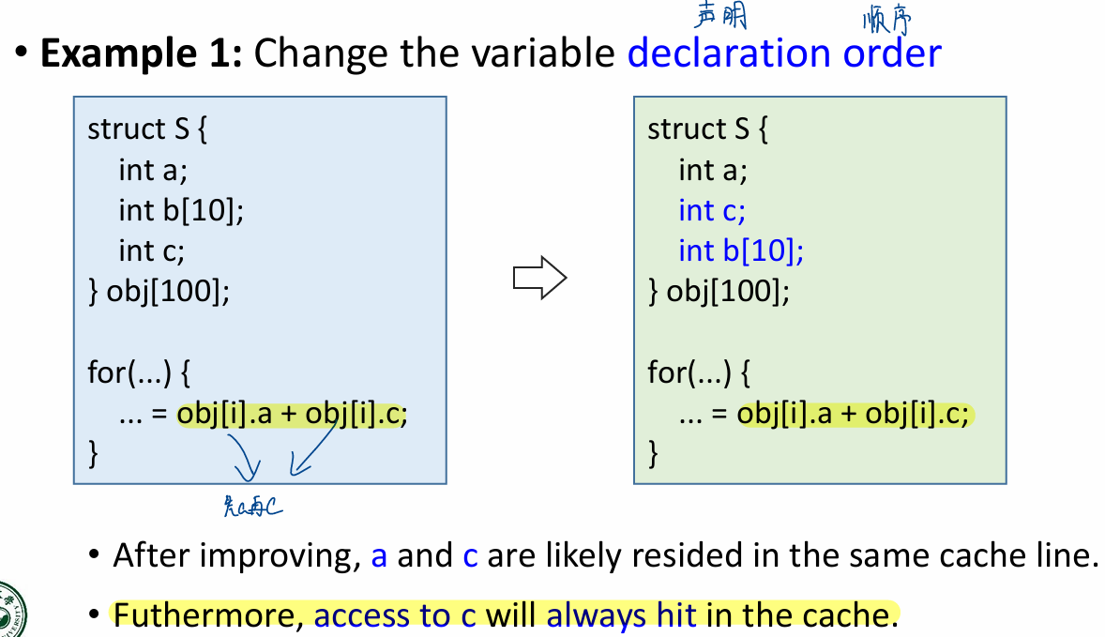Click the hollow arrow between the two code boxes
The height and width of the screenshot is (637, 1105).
540,279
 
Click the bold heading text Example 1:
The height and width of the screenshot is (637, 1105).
142,53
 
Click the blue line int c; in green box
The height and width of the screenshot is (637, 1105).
712,210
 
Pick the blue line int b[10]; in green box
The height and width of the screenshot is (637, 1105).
741,250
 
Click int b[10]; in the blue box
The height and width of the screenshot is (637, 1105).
181,210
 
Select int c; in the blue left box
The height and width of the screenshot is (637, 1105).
151,250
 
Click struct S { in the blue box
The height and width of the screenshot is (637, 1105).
147,129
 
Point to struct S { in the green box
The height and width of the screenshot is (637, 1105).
707,129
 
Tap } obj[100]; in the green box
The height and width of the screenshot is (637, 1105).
719,292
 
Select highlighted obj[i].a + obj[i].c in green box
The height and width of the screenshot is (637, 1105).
853,414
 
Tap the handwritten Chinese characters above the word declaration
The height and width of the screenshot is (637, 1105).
720,15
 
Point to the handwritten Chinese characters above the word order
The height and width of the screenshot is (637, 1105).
886,19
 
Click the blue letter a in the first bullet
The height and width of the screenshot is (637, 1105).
379,556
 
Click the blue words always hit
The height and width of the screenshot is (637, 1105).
621,615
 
